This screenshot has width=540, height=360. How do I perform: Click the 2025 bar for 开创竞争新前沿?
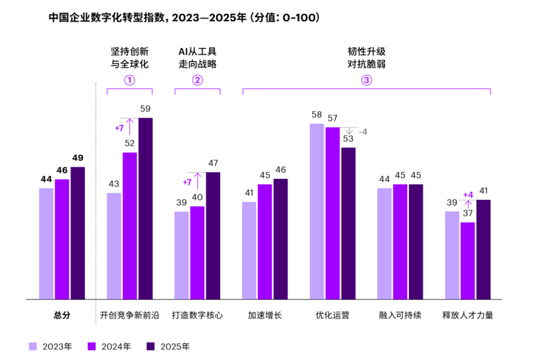(145, 208)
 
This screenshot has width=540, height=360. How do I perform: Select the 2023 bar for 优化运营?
(316, 211)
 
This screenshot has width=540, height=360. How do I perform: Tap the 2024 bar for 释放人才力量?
(467, 260)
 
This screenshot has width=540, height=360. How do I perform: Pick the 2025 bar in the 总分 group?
(78, 233)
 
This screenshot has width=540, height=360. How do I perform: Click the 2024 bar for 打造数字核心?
(197, 253)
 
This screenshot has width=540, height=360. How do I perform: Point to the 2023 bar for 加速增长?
(249, 251)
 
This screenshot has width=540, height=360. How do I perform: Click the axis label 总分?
(62, 315)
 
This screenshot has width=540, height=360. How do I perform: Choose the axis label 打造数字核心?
(197, 315)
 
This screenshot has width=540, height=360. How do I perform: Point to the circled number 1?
(130, 80)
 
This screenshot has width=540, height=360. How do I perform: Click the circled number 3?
(366, 80)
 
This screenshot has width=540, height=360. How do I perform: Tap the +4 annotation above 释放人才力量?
(468, 195)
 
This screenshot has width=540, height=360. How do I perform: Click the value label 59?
(145, 109)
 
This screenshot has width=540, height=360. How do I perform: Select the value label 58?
(316, 114)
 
